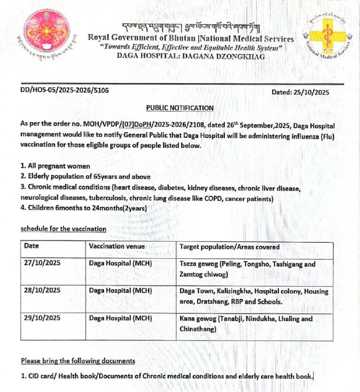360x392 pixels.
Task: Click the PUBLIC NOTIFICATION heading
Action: [180, 108]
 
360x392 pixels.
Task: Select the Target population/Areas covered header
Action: [230, 247]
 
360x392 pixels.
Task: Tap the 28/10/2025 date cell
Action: [42, 290]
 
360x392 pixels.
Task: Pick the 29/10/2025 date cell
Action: [42, 318]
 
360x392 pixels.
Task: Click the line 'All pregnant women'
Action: [50, 167]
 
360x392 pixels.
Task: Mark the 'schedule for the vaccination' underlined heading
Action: [63, 229]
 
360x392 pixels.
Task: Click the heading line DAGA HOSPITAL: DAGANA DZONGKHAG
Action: [190, 56]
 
